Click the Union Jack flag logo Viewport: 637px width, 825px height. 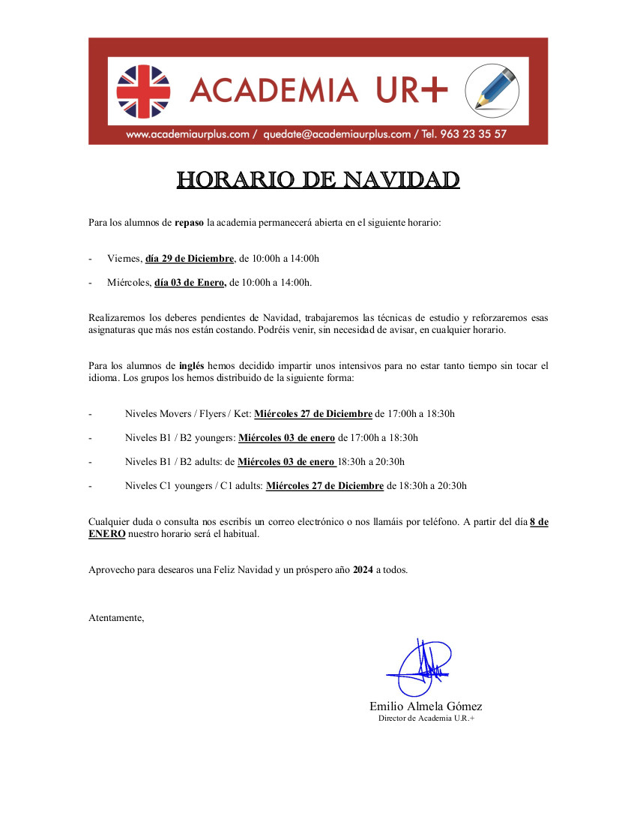click(143, 91)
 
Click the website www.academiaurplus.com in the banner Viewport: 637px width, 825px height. click(187, 134)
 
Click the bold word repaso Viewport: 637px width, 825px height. click(189, 223)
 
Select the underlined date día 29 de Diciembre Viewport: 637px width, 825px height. click(190, 259)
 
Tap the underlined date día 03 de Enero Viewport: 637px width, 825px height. click(190, 283)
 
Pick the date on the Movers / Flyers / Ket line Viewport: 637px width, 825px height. click(313, 414)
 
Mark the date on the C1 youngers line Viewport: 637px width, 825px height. click(324, 486)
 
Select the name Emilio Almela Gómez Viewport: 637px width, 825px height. click(426, 706)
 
